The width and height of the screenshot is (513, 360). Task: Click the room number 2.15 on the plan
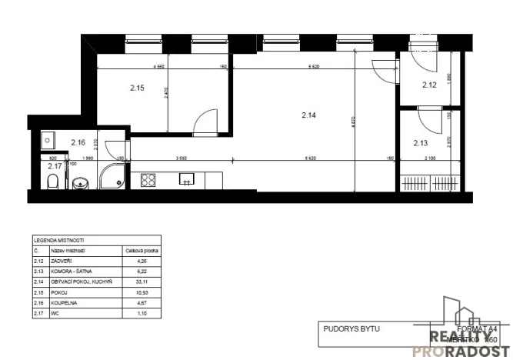tap(137, 88)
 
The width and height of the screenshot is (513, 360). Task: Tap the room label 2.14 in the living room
tap(309, 115)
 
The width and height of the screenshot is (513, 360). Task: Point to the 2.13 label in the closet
tap(420, 142)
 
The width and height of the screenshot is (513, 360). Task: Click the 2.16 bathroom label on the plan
tap(78, 142)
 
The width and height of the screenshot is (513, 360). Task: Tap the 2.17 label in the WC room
tap(55, 165)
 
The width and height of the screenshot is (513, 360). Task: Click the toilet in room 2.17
tap(53, 183)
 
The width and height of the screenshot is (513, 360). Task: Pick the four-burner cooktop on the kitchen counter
tap(149, 182)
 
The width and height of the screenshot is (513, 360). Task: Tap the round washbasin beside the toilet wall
tap(82, 185)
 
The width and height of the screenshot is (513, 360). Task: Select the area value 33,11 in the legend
tap(135, 278)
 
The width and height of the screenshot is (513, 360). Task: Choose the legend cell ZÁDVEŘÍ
tap(62, 262)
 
